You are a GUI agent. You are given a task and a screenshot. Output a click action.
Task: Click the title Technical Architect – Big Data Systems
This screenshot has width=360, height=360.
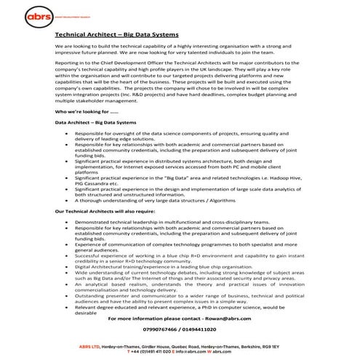(x=109, y=33)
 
